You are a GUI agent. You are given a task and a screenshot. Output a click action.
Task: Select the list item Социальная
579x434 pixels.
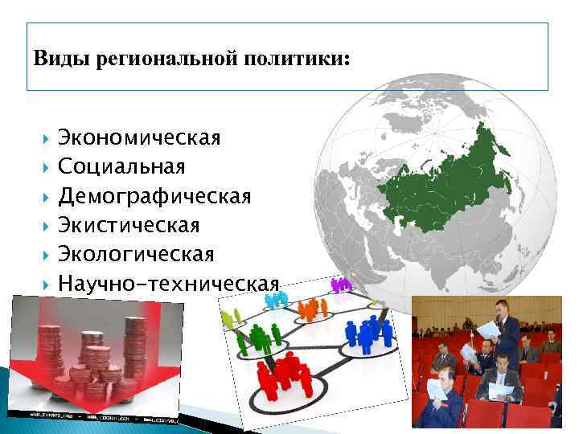pyautogui.click(x=121, y=166)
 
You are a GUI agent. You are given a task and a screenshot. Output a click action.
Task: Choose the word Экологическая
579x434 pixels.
pyautogui.click(x=136, y=254)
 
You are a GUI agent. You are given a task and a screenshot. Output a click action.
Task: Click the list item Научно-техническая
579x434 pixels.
pyautogui.click(x=168, y=283)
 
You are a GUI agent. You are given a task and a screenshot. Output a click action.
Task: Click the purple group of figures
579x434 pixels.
pyautogui.click(x=341, y=284)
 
